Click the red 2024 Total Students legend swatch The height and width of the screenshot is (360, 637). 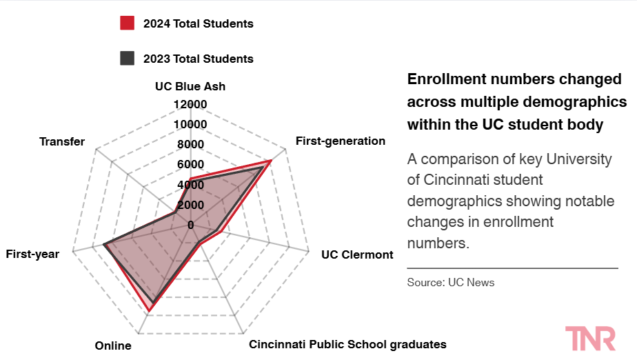pos(127,23)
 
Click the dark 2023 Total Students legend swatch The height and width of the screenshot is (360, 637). pos(127,59)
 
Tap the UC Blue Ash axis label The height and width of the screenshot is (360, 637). pos(190,86)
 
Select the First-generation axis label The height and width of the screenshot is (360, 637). pos(340,141)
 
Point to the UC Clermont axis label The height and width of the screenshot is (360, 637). pos(357,254)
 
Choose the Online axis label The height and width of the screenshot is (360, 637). pos(113,346)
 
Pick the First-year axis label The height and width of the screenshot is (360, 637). pos(32,254)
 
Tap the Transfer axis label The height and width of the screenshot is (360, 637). pos(62,141)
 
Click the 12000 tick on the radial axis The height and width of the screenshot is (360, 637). pos(190,104)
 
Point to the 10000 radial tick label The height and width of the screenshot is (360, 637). pos(190,124)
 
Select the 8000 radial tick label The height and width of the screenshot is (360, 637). pos(190,144)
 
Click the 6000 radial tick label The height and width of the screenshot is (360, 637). pos(190,164)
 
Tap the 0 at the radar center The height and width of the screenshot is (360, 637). pos(191,225)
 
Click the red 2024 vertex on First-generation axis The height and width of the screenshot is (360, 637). pos(271,161)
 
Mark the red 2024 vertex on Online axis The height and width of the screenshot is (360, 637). pos(150,312)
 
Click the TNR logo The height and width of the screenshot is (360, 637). pos(590,338)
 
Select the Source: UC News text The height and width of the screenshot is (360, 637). pos(451,282)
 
